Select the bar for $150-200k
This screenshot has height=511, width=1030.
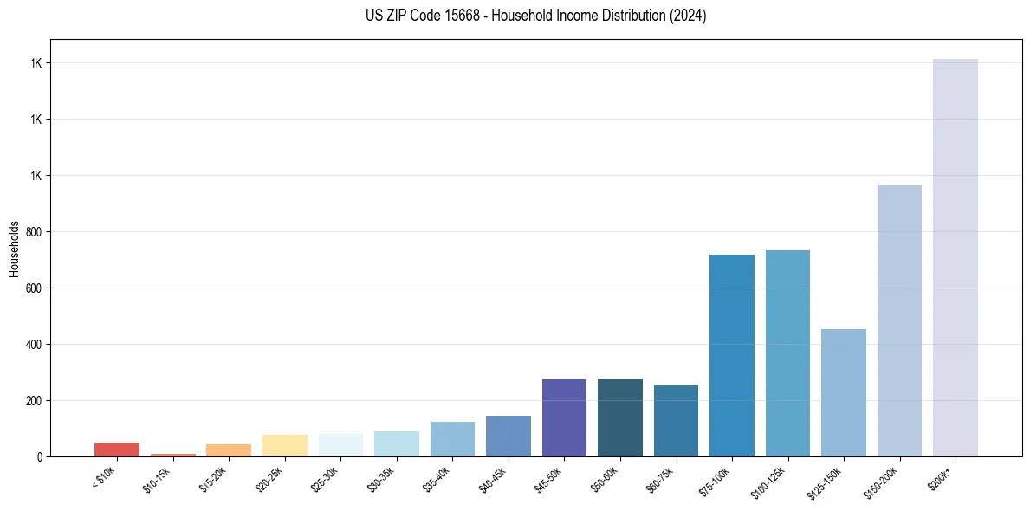899,320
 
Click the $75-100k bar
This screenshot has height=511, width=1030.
731,355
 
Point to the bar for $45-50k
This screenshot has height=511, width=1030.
564,417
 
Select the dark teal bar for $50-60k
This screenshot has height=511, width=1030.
619,417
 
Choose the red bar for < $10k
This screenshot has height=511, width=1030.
117,449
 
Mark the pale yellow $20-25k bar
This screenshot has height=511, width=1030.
284,445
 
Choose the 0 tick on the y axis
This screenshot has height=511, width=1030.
40,456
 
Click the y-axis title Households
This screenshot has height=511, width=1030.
14,248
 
